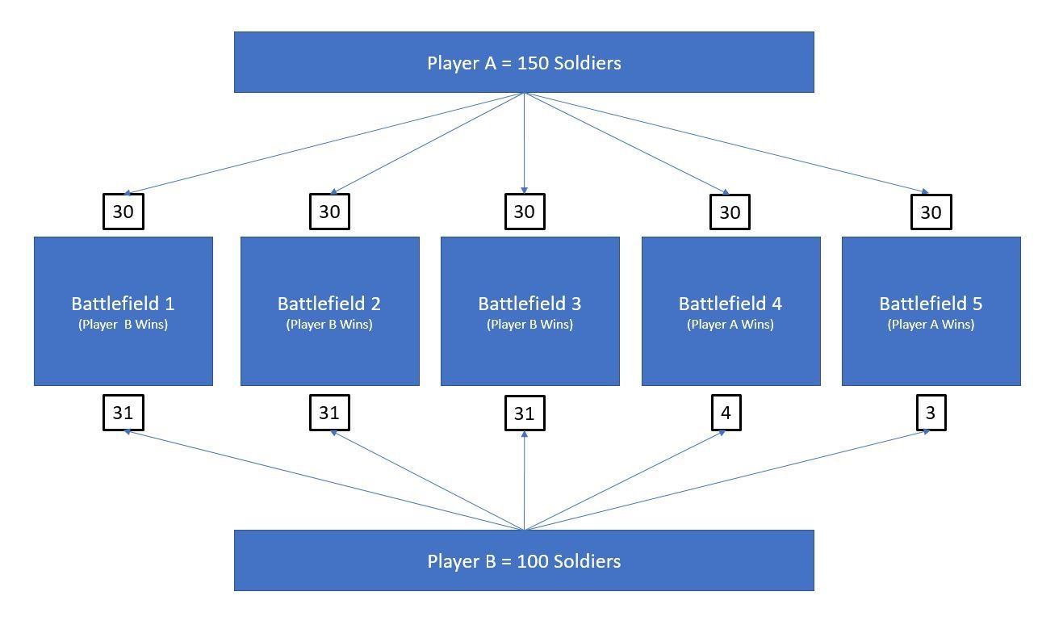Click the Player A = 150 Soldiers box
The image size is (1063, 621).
click(524, 62)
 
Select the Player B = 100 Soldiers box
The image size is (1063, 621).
click(524, 560)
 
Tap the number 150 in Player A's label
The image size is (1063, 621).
click(533, 63)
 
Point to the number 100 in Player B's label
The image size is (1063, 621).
click(533, 561)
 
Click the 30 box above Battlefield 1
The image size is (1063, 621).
click(123, 212)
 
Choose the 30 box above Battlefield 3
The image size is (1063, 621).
click(525, 212)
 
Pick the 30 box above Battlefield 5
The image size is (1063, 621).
click(931, 212)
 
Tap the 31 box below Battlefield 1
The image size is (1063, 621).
click(123, 413)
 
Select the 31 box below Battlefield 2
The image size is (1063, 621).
click(330, 413)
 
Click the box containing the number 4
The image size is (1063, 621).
click(726, 413)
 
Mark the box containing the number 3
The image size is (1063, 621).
click(931, 413)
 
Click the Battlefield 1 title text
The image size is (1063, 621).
click(123, 304)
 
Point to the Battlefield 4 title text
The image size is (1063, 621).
click(730, 304)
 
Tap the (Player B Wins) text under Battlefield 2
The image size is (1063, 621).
click(329, 325)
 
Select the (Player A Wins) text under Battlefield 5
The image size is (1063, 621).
click(931, 325)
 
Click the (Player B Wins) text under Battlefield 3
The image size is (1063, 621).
click(529, 325)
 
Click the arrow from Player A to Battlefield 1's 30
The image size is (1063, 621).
click(324, 144)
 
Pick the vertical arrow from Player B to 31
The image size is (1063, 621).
click(524, 480)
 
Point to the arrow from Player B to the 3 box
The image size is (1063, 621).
click(727, 480)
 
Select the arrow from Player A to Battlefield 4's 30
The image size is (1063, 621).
click(626, 144)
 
